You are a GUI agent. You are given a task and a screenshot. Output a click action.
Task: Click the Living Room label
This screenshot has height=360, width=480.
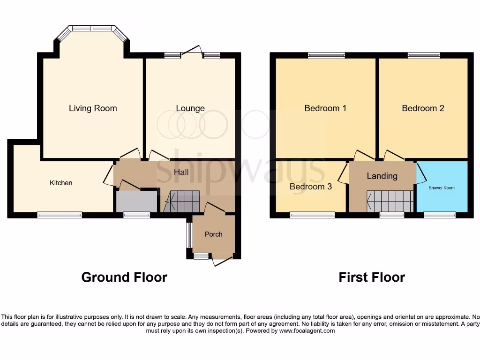coord(93,108)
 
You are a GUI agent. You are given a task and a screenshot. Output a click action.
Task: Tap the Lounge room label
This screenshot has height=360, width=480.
coord(190,108)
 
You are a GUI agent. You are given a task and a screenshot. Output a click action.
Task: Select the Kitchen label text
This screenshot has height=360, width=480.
coord(61,183)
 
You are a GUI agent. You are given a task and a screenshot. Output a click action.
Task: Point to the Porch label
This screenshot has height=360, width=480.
coord(213,234)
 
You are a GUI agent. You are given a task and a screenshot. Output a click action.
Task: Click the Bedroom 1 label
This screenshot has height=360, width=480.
coord(325,108)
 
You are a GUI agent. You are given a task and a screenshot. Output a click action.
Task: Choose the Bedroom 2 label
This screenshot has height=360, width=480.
coord(423,108)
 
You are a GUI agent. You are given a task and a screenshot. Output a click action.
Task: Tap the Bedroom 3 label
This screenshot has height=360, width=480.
coord(310,187)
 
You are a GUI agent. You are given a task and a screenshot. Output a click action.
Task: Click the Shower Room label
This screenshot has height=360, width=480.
coord(442,188)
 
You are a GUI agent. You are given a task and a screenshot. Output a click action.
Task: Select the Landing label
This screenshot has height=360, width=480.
coord(382,176)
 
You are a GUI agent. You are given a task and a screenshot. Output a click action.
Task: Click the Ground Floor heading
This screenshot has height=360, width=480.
coord(124,277)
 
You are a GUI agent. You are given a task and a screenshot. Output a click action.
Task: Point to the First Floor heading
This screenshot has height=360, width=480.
coord(372,277)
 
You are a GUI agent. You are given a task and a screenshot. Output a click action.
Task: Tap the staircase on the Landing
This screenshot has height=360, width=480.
coord(389,202)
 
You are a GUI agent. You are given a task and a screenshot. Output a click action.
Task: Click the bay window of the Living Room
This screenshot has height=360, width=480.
coord(92,29)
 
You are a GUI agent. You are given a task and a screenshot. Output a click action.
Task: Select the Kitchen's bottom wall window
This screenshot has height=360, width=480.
coord(60,215)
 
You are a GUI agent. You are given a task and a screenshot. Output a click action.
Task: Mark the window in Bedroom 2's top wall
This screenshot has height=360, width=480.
coord(424,55)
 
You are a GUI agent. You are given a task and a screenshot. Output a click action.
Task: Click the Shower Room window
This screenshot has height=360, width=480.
coord(439,215)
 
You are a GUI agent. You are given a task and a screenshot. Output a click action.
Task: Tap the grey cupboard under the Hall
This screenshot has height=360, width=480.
coord(136,201)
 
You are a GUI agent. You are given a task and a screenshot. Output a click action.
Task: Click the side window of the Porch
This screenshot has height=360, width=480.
coord(189,234)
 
